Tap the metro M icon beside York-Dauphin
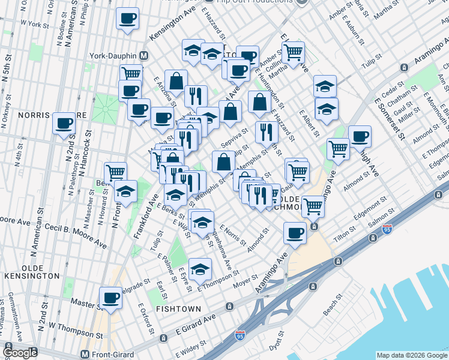tap(144, 55)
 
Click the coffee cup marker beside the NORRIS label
tap(64, 124)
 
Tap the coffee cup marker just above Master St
tap(110, 298)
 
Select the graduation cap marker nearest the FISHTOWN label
tap(200, 269)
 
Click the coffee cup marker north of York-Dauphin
tap(127, 19)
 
